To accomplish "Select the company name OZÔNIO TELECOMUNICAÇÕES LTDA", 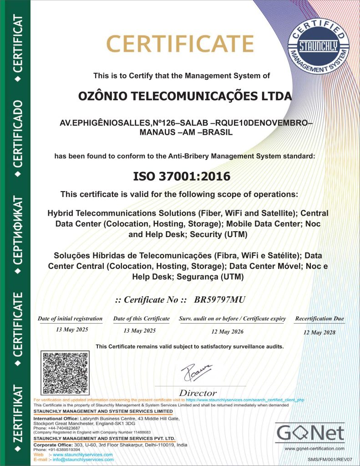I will (x=185, y=96).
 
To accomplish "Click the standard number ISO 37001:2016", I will (x=181, y=176).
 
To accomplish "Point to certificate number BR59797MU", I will (x=219, y=299).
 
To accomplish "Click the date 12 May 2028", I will (x=319, y=333).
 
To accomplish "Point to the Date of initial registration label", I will (x=70, y=319).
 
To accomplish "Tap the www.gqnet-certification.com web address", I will (x=314, y=449).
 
